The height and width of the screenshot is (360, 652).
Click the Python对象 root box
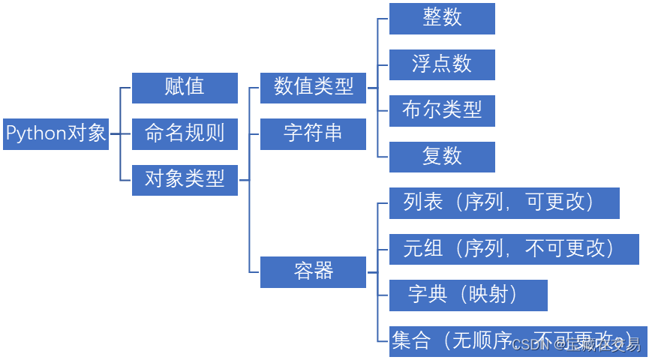(56, 134)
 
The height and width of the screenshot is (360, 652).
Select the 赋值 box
(185, 88)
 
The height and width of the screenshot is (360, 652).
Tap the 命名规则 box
(185, 134)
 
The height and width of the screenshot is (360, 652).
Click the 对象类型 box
(185, 180)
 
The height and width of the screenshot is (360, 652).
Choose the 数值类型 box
(313, 88)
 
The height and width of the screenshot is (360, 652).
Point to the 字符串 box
(313, 134)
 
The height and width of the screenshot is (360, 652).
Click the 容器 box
(313, 271)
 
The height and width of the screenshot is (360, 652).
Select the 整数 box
(442, 19)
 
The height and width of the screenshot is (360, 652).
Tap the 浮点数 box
(442, 64)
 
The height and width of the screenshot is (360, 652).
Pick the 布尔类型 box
(442, 111)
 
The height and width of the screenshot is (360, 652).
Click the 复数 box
(442, 157)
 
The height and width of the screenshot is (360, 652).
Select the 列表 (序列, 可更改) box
(504, 203)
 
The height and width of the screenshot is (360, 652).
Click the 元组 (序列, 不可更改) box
(514, 249)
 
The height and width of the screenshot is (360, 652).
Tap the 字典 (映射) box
(468, 295)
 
